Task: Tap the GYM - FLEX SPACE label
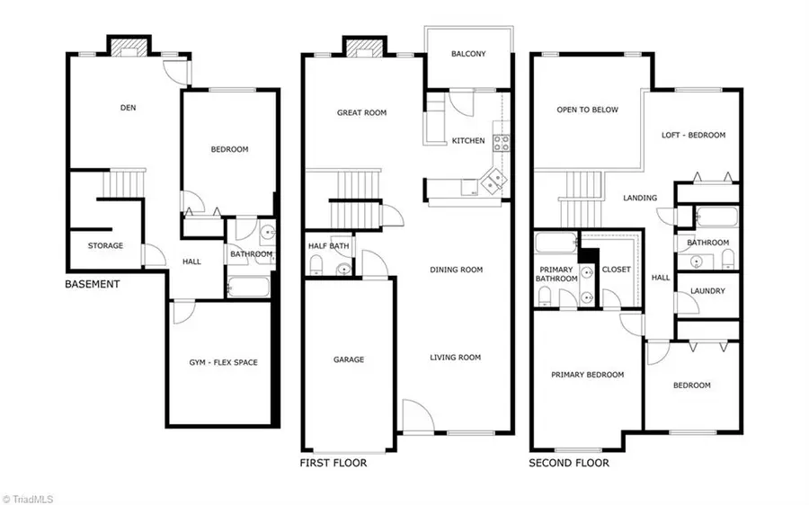(223, 362)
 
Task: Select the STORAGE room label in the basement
(105, 245)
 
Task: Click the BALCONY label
(467, 54)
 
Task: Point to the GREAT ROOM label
(361, 113)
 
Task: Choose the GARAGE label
(349, 359)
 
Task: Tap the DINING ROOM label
(456, 270)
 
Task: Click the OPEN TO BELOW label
(587, 110)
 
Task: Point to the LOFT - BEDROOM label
(693, 136)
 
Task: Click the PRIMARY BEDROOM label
(587, 375)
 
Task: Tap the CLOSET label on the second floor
(616, 270)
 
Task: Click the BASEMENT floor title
(92, 284)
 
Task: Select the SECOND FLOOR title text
(569, 464)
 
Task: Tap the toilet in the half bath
(316, 264)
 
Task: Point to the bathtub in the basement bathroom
(247, 288)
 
